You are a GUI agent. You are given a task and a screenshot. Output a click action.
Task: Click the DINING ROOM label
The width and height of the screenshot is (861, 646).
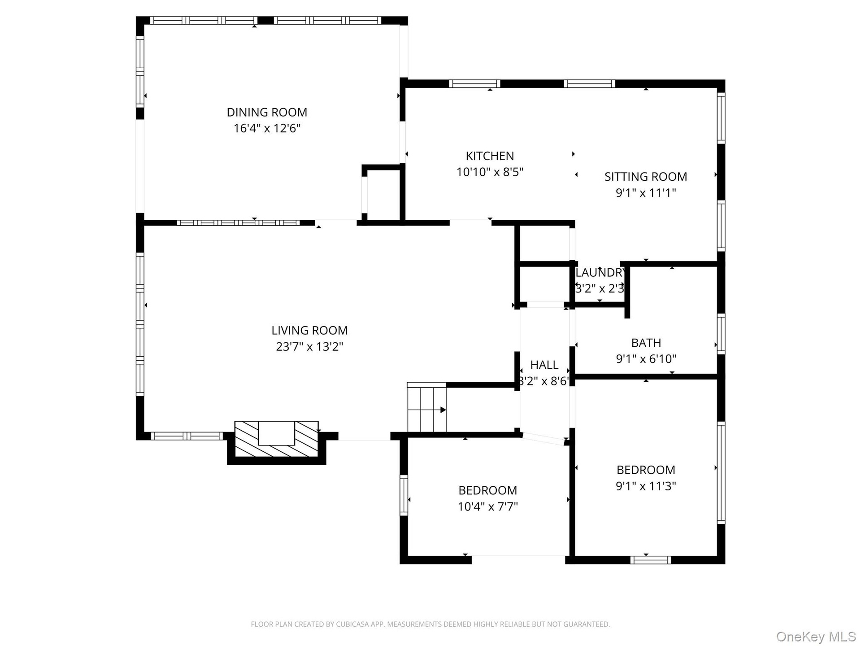tap(267, 112)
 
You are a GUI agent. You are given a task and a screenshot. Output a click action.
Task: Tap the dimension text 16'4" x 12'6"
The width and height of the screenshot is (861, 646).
tap(267, 128)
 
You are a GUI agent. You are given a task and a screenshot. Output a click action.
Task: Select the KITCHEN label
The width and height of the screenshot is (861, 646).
tap(490, 156)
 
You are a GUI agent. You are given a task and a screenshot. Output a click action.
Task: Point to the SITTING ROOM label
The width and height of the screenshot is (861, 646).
tap(646, 177)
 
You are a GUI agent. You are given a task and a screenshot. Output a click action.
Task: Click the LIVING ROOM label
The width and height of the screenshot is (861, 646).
tap(309, 331)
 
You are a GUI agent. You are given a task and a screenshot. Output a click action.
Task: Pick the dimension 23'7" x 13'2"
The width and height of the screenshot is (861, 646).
tap(309, 347)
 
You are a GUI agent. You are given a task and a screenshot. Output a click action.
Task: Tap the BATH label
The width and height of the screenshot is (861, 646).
tap(646, 343)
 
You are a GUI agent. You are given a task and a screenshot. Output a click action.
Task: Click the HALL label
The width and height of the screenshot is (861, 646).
tap(544, 365)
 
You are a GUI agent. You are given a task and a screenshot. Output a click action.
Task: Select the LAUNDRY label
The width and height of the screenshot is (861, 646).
tap(600, 273)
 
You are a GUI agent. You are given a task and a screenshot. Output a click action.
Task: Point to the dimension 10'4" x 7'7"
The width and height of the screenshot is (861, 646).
tap(487, 506)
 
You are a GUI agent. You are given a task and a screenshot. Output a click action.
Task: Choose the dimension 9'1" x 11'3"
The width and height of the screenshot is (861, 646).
tap(646, 486)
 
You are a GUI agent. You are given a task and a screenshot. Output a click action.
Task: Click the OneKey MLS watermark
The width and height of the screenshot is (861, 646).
tap(816, 637)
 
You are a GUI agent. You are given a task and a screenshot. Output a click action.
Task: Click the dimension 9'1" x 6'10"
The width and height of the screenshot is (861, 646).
tap(646, 359)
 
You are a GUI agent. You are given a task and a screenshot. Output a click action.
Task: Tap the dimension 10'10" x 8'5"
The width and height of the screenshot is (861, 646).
tap(490, 172)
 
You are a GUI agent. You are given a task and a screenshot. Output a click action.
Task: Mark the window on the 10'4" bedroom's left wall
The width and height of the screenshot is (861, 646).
tap(404, 495)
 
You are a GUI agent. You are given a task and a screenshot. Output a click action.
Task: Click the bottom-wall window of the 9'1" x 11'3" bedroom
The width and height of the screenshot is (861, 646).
tap(651, 560)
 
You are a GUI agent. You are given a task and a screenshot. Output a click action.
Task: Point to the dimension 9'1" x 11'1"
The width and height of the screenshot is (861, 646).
tap(646, 193)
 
